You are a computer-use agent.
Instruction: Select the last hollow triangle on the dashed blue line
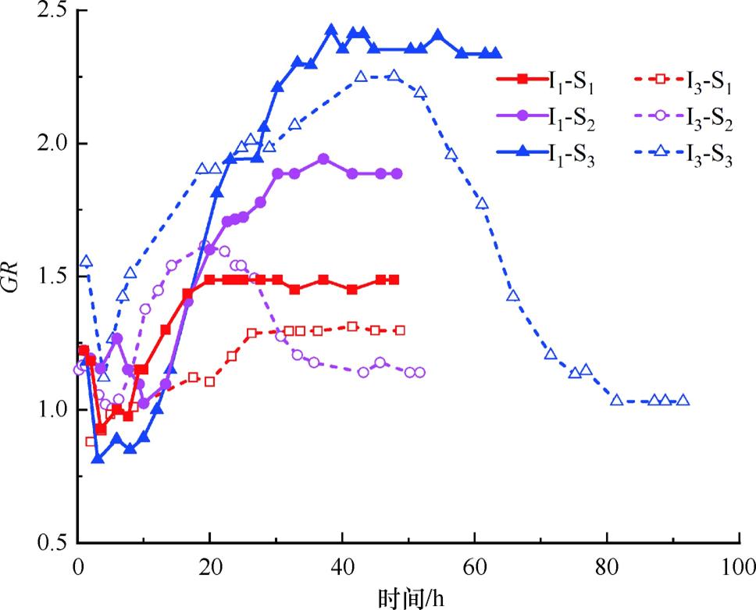683,400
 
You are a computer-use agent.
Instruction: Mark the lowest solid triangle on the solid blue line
98,458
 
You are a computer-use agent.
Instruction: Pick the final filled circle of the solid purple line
398,173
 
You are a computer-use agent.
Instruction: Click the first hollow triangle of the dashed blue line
86,261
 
